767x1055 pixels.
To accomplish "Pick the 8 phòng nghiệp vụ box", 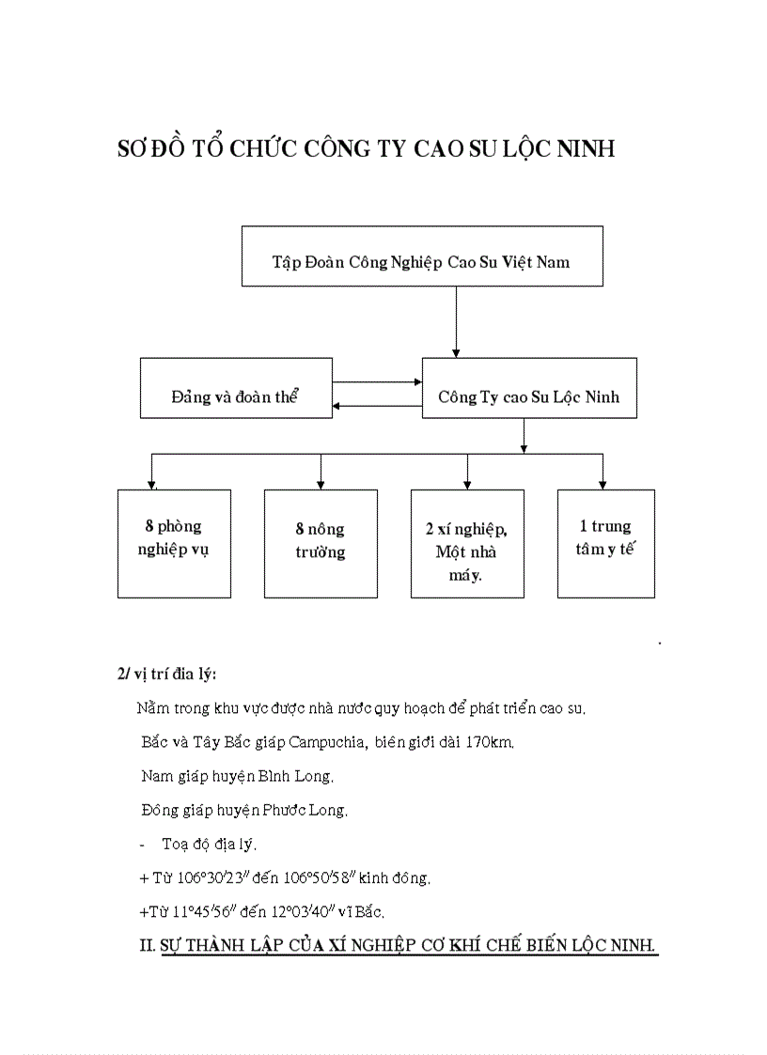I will (x=174, y=543).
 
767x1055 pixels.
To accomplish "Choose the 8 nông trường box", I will (x=321, y=543).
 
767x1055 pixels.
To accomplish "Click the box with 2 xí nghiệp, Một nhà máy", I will (x=467, y=543).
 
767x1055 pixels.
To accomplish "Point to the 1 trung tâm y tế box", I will (x=605, y=543).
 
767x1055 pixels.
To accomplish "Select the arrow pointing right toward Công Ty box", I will (x=377, y=382).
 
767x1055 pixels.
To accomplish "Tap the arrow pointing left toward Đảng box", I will (x=377, y=405).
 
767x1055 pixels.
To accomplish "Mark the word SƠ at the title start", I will (x=129, y=149).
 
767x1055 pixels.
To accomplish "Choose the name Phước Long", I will (x=308, y=810).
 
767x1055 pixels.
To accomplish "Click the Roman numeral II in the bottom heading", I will (x=147, y=944).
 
